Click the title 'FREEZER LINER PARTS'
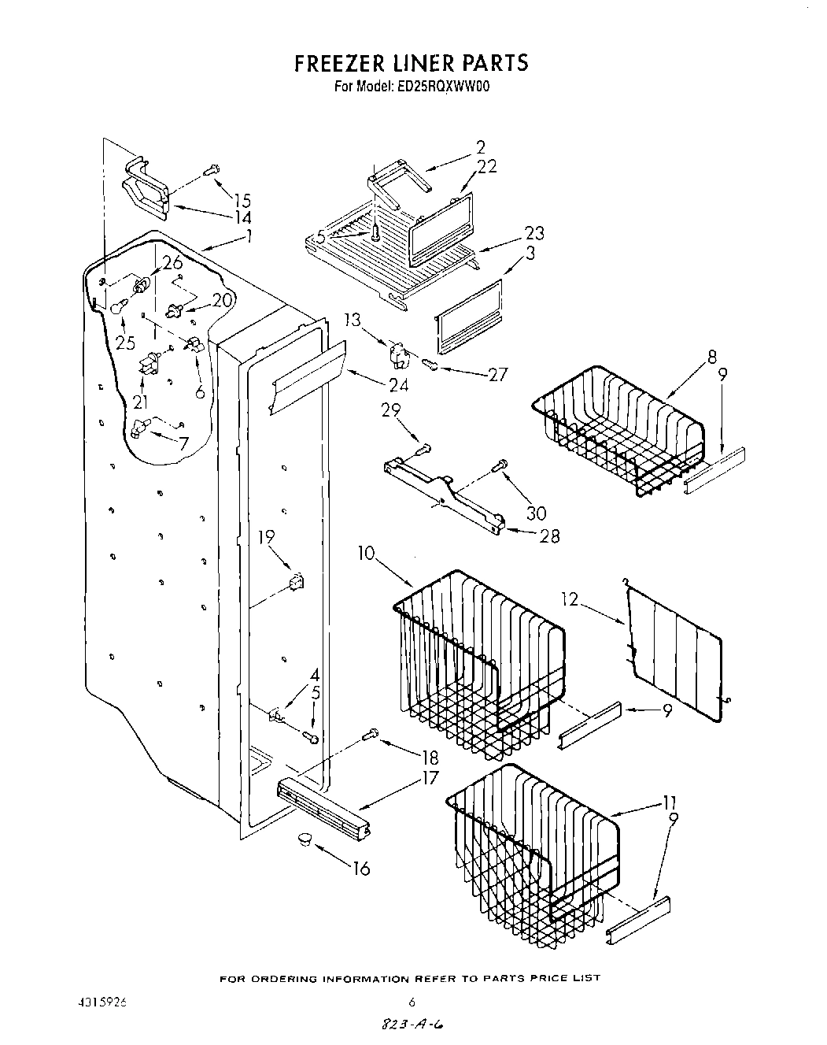pos(411,63)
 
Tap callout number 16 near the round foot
pos(361,869)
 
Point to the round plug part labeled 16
pos(302,841)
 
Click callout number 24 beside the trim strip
pos(399,385)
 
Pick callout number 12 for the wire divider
pos(570,601)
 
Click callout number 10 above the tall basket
pos(367,554)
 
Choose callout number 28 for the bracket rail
pos(549,535)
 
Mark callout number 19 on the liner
pos(267,538)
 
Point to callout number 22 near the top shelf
pos(487,168)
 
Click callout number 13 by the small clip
pos(353,320)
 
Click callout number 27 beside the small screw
pos(498,375)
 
